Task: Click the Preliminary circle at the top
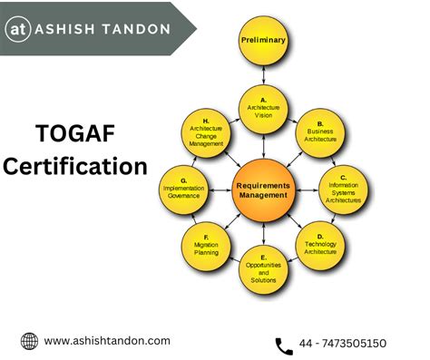(262, 40)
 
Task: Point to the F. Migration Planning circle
(207, 243)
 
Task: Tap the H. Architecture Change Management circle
(206, 132)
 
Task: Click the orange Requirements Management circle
(262, 188)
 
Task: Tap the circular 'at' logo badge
(19, 28)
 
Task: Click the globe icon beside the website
(29, 341)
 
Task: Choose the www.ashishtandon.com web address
(107, 341)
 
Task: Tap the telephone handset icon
(283, 344)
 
